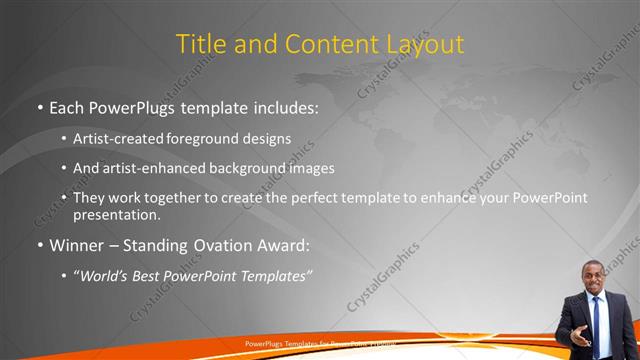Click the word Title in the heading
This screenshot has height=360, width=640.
[198, 44]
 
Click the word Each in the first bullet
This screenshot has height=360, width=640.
[67, 107]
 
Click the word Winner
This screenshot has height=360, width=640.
[79, 245]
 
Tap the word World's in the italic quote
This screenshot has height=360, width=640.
[105, 276]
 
